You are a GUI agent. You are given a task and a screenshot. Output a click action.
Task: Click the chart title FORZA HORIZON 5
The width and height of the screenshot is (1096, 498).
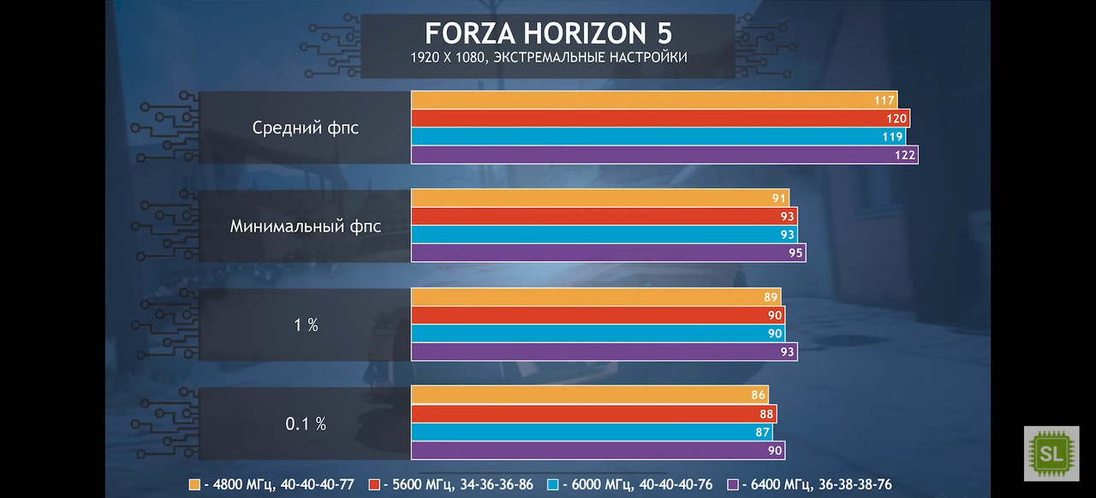pyautogui.click(x=548, y=33)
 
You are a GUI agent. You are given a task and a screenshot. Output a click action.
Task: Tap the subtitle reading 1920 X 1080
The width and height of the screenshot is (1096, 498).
pyautogui.click(x=548, y=58)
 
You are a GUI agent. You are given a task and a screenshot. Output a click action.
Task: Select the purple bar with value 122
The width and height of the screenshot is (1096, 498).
pyautogui.click(x=664, y=155)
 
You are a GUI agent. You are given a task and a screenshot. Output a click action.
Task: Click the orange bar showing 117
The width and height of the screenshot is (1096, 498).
pyautogui.click(x=653, y=100)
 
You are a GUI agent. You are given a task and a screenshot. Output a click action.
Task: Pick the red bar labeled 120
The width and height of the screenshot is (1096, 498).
pyautogui.click(x=659, y=118)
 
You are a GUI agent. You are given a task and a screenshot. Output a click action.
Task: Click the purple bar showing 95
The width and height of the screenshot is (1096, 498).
pyautogui.click(x=608, y=252)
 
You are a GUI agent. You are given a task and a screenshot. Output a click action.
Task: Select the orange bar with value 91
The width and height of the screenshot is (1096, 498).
pyautogui.click(x=599, y=199)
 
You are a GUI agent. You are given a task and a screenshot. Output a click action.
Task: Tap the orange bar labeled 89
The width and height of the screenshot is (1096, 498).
pyautogui.click(x=595, y=297)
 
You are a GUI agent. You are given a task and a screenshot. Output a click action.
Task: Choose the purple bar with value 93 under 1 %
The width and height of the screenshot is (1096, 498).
pyautogui.click(x=604, y=352)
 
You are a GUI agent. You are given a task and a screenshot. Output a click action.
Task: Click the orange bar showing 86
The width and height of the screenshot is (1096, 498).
pyautogui.click(x=589, y=395)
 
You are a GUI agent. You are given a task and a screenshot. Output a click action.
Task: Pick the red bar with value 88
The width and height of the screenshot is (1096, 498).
pyautogui.click(x=593, y=414)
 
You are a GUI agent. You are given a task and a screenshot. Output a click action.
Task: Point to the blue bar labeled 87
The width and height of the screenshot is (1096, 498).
pyautogui.click(x=592, y=432)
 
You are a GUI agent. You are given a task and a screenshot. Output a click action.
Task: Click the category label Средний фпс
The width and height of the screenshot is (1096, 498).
pyautogui.click(x=306, y=128)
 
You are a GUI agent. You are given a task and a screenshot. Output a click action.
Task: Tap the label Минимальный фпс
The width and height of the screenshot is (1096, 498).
pyautogui.click(x=306, y=227)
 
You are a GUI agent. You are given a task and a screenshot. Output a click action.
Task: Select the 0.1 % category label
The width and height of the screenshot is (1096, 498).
pyautogui.click(x=306, y=424)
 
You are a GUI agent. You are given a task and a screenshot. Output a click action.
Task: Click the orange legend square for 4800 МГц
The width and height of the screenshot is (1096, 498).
pyautogui.click(x=194, y=484)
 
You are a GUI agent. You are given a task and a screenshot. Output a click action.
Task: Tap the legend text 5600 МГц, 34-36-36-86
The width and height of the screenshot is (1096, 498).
pyautogui.click(x=456, y=484)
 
